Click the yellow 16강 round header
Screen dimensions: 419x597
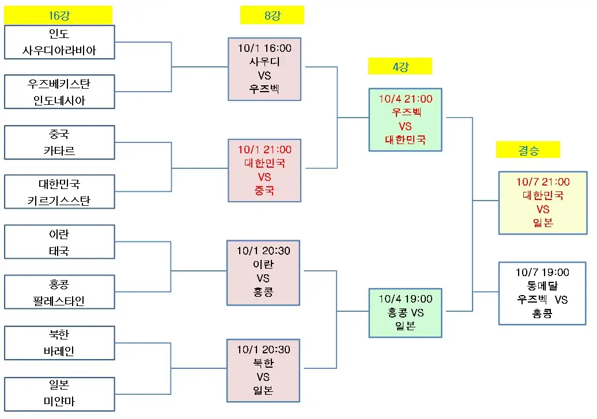(x=58, y=15)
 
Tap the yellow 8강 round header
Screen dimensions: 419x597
(x=272, y=15)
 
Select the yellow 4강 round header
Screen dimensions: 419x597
(x=400, y=66)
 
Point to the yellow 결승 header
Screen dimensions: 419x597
(x=528, y=150)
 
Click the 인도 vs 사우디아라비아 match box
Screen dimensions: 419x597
(x=59, y=42)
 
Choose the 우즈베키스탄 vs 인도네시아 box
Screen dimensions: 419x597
(x=59, y=92)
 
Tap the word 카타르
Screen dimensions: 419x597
(x=59, y=151)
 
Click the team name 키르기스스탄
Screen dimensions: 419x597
(x=59, y=201)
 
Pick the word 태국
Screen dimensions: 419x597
(x=59, y=251)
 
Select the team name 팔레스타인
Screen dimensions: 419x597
(x=59, y=301)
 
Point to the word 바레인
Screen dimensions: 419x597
(x=59, y=351)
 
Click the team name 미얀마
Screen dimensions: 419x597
(x=59, y=401)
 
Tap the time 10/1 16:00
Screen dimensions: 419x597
(x=265, y=48)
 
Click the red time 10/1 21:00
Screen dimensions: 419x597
(x=265, y=149)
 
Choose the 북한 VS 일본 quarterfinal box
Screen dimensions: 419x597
(x=265, y=370)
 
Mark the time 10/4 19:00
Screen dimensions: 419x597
(x=406, y=299)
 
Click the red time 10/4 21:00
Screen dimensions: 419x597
(x=406, y=99)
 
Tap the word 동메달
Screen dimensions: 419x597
(x=542, y=285)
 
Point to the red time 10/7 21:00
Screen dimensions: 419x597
(x=542, y=182)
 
